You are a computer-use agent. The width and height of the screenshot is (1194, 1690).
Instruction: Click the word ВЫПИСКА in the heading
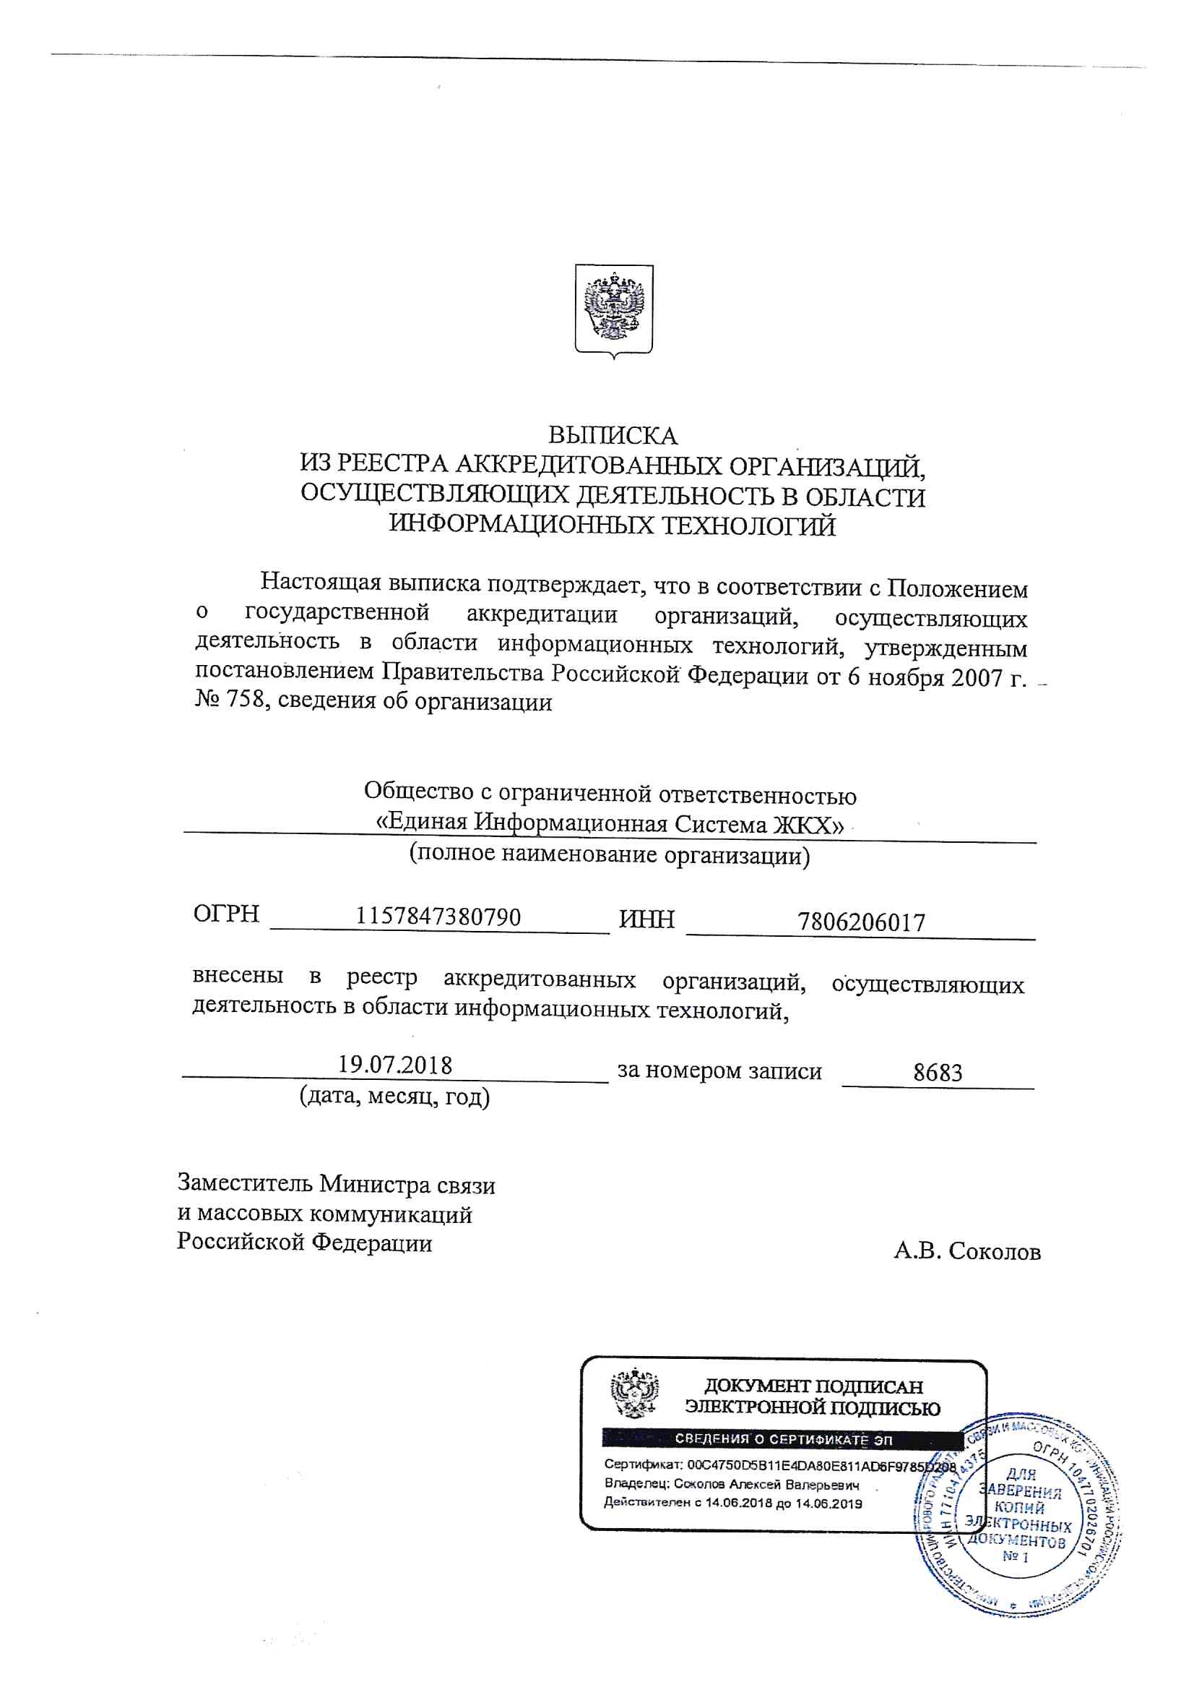pyautogui.click(x=612, y=436)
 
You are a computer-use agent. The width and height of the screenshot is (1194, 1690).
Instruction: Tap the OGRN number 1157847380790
pyautogui.click(x=438, y=917)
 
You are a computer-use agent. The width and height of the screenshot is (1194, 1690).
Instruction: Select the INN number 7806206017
pyautogui.click(x=862, y=922)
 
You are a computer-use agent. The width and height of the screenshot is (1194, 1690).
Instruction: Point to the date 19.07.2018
pyautogui.click(x=394, y=1065)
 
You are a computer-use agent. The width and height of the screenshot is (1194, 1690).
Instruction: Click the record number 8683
pyautogui.click(x=938, y=1073)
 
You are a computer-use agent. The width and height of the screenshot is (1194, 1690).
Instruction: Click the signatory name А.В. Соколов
pyautogui.click(x=966, y=1251)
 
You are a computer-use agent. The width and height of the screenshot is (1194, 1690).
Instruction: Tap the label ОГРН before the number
pyautogui.click(x=226, y=914)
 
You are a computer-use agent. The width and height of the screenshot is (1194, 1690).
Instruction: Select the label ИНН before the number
pyautogui.click(x=646, y=919)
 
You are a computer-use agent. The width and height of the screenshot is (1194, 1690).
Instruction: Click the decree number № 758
pyautogui.click(x=229, y=699)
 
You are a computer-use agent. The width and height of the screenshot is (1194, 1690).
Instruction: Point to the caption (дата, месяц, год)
pyautogui.click(x=394, y=1097)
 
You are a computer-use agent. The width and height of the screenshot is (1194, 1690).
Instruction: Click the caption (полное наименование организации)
pyautogui.click(x=609, y=854)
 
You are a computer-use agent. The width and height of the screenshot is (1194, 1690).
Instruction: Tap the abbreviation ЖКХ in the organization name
pyautogui.click(x=807, y=824)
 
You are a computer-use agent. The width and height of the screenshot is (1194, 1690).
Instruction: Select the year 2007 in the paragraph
pyautogui.click(x=977, y=677)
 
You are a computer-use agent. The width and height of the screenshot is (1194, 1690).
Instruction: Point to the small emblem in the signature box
pyautogui.click(x=634, y=1393)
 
